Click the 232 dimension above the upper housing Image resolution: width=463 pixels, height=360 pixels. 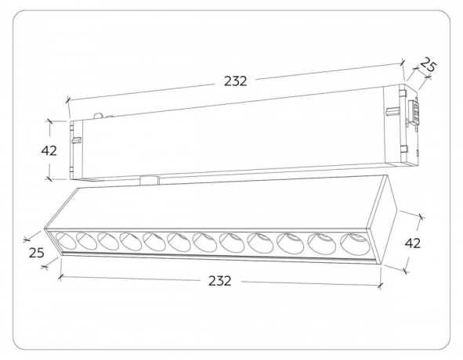point(235,80)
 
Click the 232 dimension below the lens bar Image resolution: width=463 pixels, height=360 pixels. point(220,281)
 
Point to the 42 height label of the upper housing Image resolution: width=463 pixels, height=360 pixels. point(49,150)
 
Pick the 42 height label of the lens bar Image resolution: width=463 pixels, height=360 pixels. point(413,243)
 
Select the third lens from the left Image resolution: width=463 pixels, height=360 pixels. point(109,242)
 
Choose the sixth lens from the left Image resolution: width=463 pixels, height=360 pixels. point(178,243)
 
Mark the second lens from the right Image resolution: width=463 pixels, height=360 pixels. point(319,243)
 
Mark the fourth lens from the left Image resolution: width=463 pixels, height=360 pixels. point(131,242)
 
